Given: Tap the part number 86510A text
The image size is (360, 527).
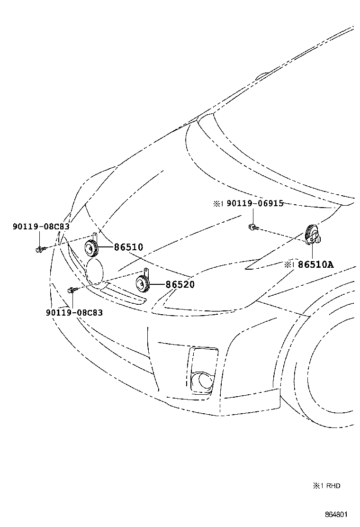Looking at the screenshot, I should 315,264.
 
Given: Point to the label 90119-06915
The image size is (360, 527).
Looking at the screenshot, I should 255,203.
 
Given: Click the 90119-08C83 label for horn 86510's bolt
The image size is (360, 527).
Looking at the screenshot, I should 41,227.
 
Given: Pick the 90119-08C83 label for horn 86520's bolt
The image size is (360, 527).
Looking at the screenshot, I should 74,313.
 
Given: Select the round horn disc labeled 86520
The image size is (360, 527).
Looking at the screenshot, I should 143,284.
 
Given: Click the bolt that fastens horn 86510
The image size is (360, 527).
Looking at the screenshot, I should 40,248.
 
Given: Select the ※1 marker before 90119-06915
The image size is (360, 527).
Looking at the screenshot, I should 217,204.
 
